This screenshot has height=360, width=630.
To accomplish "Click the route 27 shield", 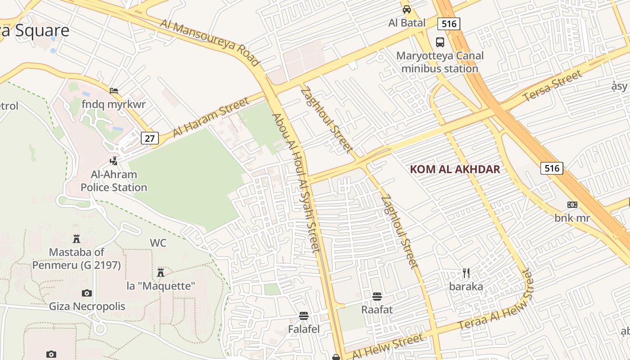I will (150, 138).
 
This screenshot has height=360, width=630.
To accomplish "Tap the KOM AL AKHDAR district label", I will (455, 169).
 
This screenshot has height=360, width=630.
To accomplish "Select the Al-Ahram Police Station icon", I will (114, 160).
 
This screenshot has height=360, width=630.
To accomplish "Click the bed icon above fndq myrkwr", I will (114, 91).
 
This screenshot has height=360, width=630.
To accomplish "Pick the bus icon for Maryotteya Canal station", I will (440, 42).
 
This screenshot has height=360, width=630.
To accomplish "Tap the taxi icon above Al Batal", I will (407, 9).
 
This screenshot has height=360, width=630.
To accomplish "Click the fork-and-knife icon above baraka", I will (466, 273).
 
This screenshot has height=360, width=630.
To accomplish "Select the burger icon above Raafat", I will (377, 297).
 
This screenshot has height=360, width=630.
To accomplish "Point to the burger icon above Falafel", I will (304, 316).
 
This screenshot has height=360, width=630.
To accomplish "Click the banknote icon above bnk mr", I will (572, 205).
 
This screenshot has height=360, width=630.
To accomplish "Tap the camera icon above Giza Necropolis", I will (87, 293).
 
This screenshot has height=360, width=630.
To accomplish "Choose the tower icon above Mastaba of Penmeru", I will (76, 238).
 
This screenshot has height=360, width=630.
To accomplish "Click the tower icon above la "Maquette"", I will (161, 272).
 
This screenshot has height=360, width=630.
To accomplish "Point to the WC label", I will (158, 243).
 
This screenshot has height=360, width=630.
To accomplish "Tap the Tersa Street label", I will (552, 86).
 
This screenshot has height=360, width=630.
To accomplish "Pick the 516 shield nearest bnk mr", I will (552, 168).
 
